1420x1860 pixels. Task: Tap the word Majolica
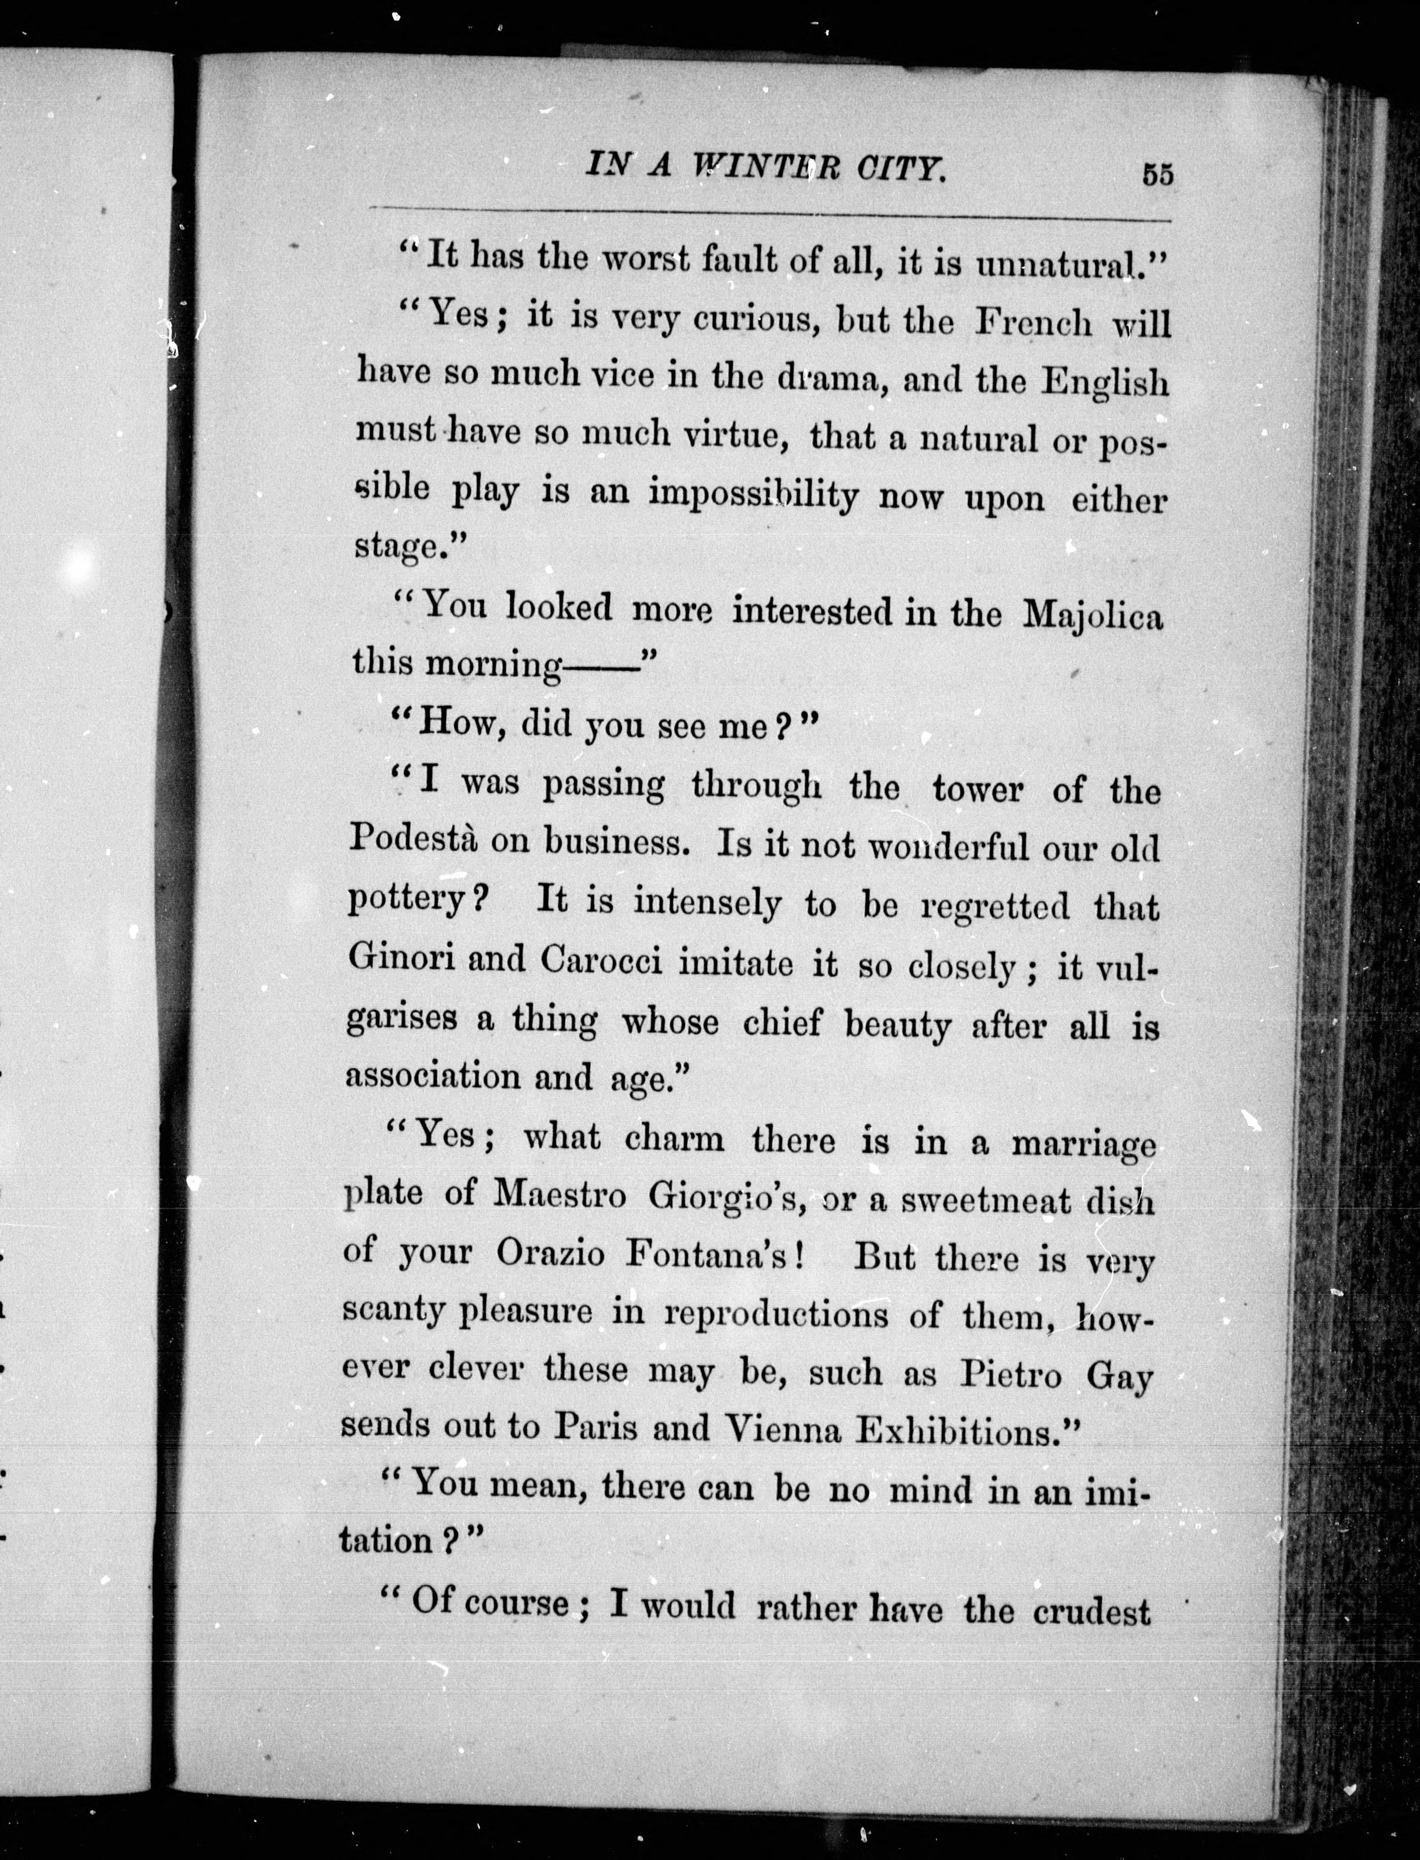[x=1093, y=615]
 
